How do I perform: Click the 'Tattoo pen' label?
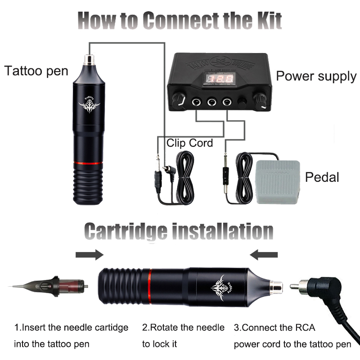(x=36, y=71)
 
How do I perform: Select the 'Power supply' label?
(x=316, y=76)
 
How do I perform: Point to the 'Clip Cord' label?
(x=189, y=143)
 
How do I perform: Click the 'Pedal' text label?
(x=322, y=177)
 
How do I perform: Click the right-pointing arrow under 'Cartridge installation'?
(x=90, y=255)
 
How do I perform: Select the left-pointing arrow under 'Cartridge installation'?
(x=265, y=255)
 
